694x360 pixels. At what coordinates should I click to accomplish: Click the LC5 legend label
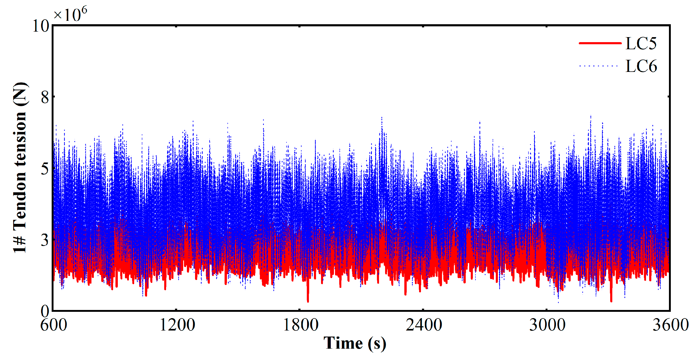641,43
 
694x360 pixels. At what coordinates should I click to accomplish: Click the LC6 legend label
641,66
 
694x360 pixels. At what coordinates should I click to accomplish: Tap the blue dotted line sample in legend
598,66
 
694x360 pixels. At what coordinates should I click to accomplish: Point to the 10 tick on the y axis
41,26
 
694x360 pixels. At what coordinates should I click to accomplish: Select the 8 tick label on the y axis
45,97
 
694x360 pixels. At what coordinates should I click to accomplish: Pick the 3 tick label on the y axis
45,240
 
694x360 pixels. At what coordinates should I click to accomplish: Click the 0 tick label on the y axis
45,312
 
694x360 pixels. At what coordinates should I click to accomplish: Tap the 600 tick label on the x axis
54,325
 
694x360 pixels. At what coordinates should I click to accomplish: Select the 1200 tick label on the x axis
177,325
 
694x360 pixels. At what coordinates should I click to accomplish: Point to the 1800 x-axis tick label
300,325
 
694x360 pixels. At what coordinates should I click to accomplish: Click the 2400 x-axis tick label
424,325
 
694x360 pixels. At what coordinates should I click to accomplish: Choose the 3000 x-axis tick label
547,325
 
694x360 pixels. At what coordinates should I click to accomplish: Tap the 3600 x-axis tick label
671,325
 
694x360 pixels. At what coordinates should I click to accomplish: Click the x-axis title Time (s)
355,344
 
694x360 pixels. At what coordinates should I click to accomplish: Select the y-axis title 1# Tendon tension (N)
21,167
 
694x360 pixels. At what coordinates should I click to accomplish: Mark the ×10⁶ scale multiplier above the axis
70,14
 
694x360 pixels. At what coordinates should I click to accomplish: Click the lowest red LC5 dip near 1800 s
308,301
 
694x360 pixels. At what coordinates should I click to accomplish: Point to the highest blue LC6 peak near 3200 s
591,116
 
